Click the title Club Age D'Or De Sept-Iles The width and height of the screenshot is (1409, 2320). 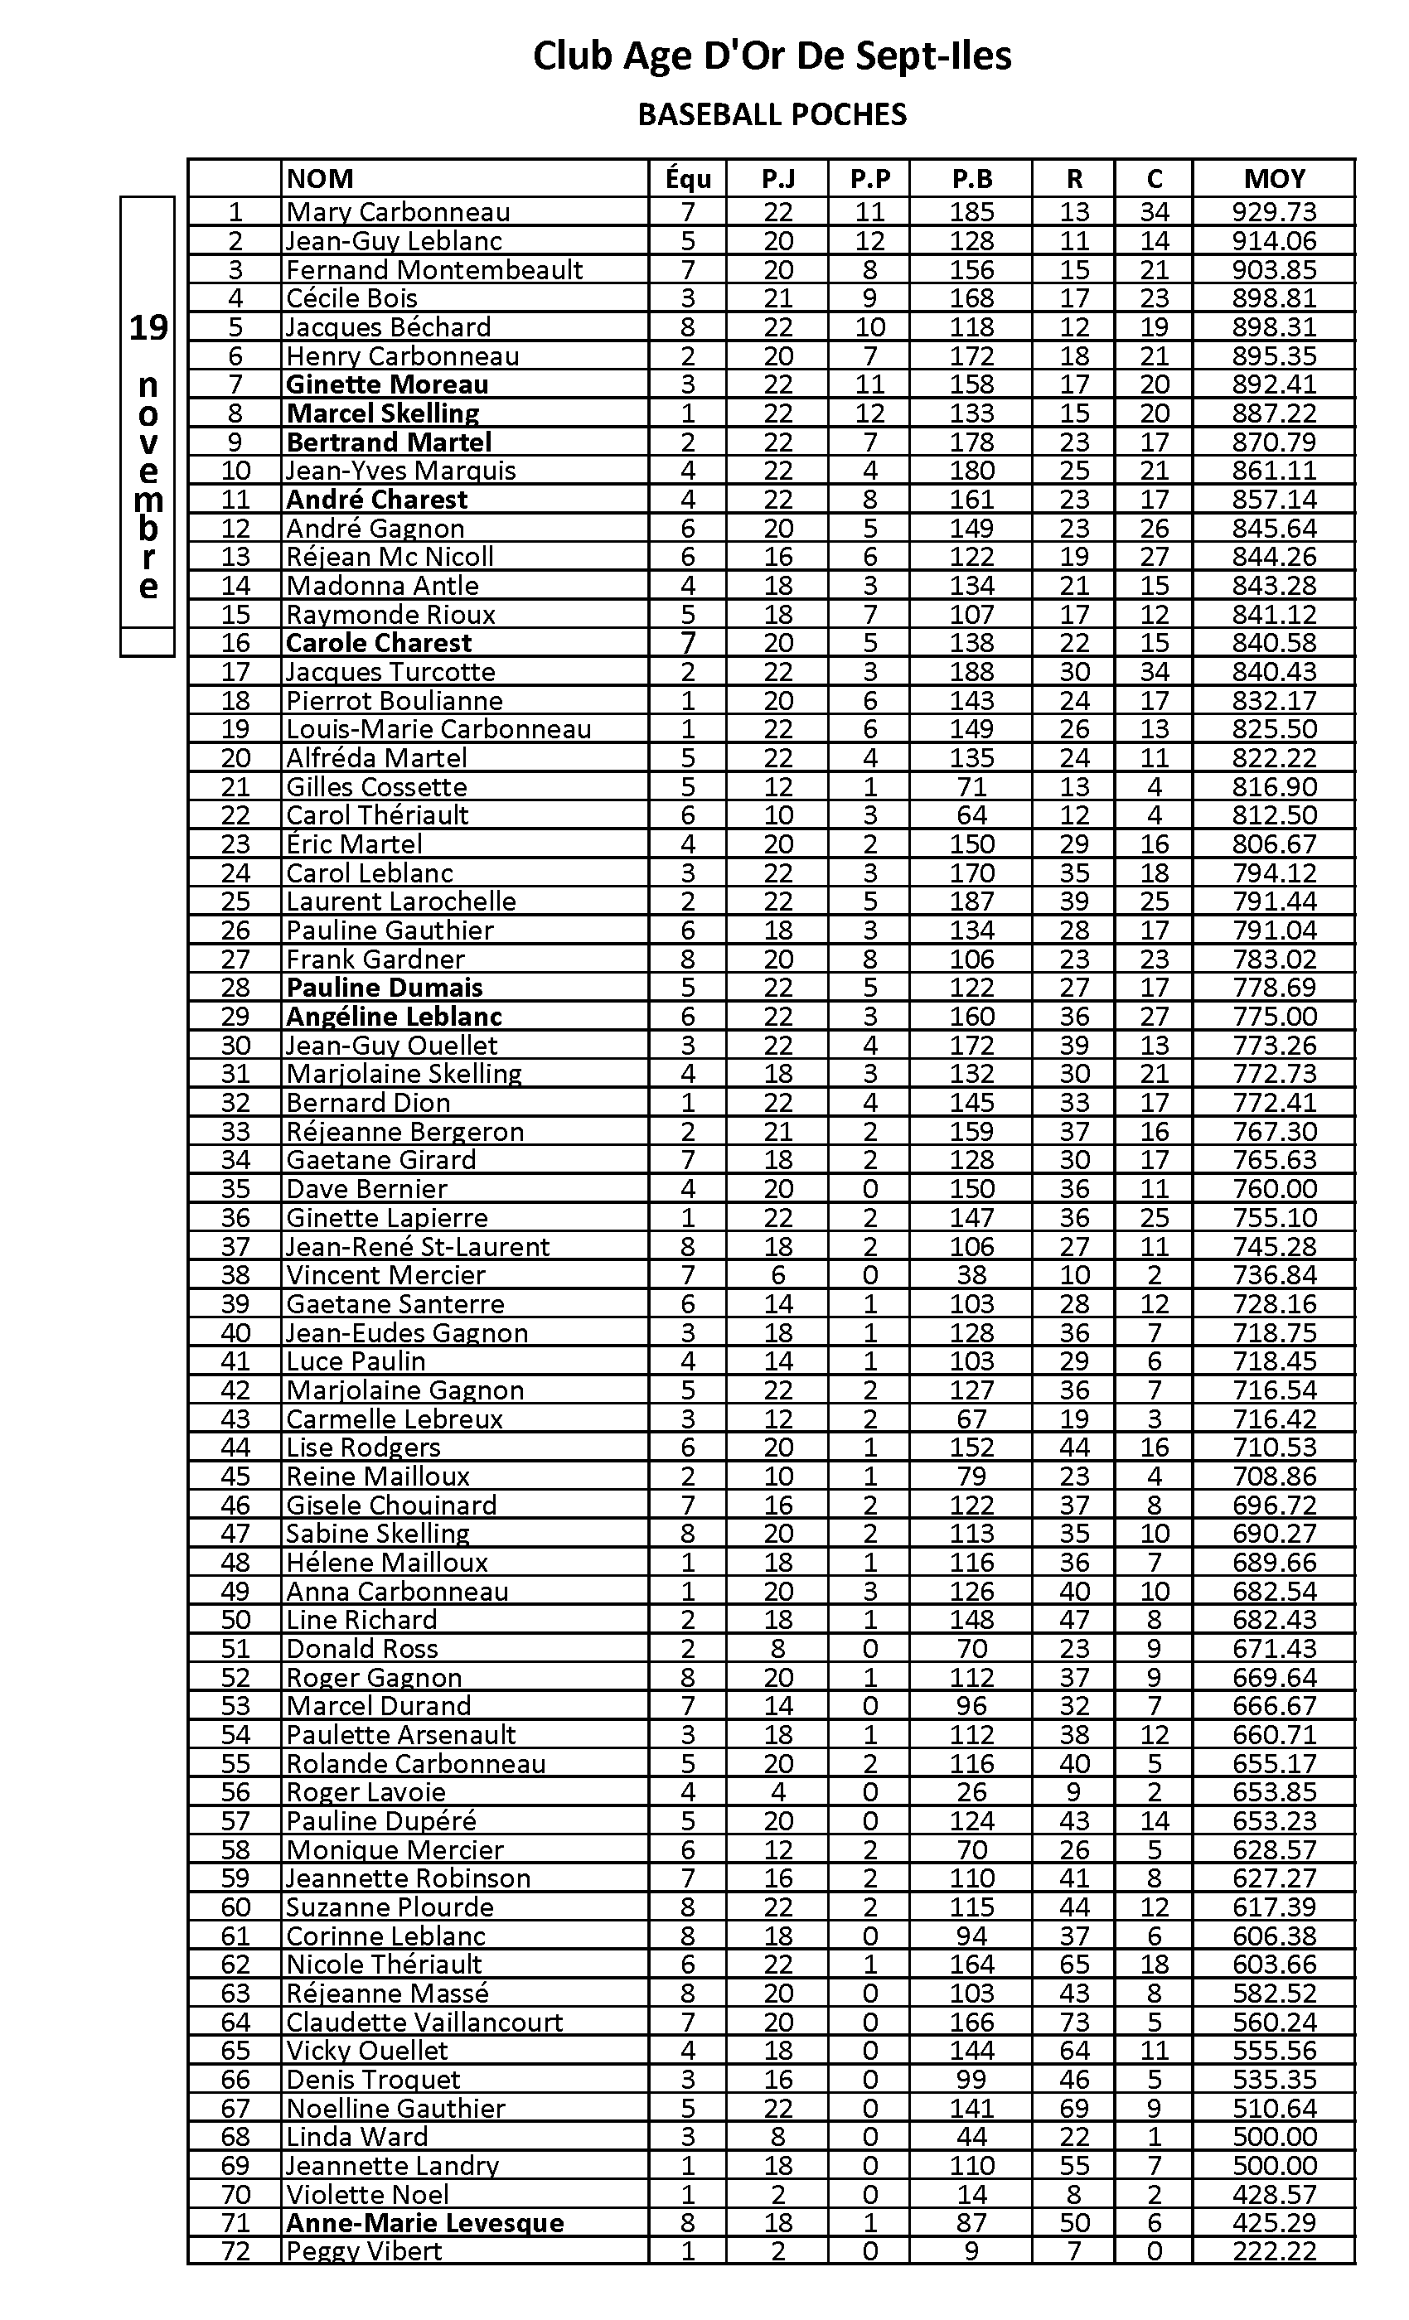pyautogui.click(x=772, y=56)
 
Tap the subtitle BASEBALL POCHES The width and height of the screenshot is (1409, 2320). pyautogui.click(x=772, y=115)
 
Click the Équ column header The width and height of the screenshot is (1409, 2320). pyautogui.click(x=688, y=179)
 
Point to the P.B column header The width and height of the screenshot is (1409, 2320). pyautogui.click(x=971, y=179)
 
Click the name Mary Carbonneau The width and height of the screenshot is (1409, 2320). pyautogui.click(x=398, y=212)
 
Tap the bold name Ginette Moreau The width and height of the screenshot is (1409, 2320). pyautogui.click(x=387, y=384)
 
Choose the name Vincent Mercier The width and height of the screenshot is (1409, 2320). pyautogui.click(x=385, y=1276)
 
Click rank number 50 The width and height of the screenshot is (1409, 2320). pyautogui.click(x=235, y=1621)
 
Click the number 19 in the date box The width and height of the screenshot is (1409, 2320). pyautogui.click(x=148, y=327)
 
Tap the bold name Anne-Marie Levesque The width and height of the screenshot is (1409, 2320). pyautogui.click(x=424, y=2223)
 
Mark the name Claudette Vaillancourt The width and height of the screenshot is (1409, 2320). pyautogui.click(x=424, y=2023)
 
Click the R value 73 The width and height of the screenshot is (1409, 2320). pyautogui.click(x=1073, y=2023)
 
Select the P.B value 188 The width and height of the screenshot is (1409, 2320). pyautogui.click(x=971, y=672)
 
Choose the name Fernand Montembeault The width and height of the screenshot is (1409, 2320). pyautogui.click(x=434, y=270)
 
